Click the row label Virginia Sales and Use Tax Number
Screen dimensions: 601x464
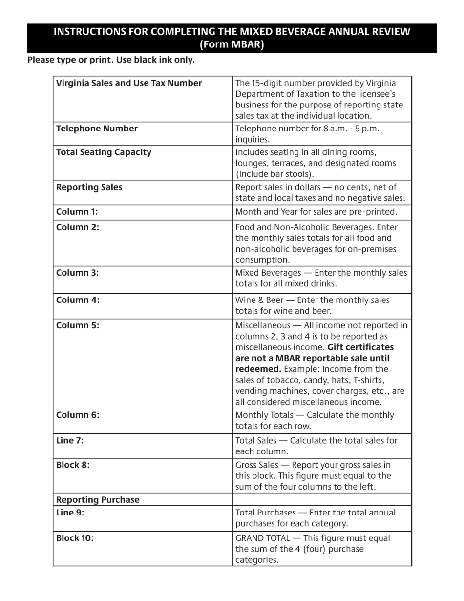pyautogui.click(x=129, y=83)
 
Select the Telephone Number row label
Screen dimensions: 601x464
pyautogui.click(x=97, y=129)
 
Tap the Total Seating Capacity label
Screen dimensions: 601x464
pyautogui.click(x=104, y=152)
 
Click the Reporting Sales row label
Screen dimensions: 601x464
pyautogui.click(x=89, y=187)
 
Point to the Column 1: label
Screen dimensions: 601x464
pyautogui.click(x=77, y=212)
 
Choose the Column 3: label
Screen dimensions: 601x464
pyautogui.click(x=78, y=273)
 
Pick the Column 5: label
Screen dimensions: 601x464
pyautogui.click(x=78, y=325)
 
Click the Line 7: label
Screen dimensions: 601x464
pyautogui.click(x=70, y=440)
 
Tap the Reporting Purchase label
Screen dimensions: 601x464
pyautogui.click(x=98, y=500)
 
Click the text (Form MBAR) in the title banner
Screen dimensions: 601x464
pyautogui.click(x=232, y=44)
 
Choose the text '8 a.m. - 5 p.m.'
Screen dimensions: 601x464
pyautogui.click(x=349, y=129)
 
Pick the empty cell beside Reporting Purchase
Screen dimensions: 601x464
pyautogui.click(x=322, y=500)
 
